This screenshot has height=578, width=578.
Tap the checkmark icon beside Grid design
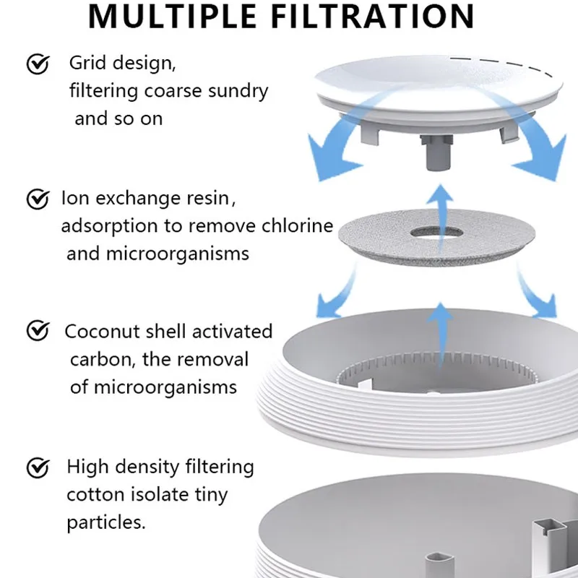click(38, 65)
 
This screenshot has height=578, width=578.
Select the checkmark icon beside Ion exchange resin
click(38, 198)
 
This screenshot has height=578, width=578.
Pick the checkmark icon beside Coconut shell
click(38, 332)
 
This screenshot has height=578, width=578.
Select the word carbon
click(99, 359)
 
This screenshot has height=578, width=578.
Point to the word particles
click(106, 522)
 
